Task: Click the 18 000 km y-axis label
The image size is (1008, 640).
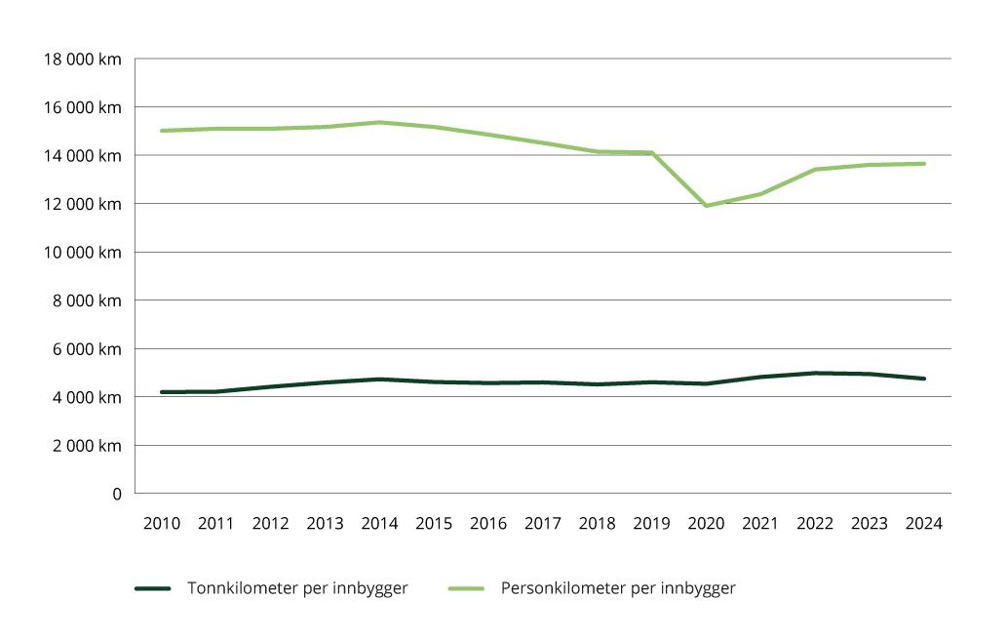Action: coord(83,59)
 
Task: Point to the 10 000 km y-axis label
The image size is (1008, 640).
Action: coord(83,252)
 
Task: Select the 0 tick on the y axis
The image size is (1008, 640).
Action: coord(116,494)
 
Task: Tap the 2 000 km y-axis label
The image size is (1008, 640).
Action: coord(87,446)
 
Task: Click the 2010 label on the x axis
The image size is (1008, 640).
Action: coord(162,524)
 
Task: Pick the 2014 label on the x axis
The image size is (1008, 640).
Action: coord(379,524)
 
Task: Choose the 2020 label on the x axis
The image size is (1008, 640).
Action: coord(706,524)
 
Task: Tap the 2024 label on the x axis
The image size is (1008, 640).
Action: coord(923,524)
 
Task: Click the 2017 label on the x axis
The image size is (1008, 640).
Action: coord(543,524)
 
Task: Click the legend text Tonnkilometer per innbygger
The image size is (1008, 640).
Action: coord(297,588)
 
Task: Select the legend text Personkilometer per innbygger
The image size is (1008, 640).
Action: coord(618,588)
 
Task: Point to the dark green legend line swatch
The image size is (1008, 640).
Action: coord(153,588)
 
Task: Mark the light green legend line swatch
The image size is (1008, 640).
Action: coord(466,588)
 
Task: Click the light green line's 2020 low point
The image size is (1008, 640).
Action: coord(706,206)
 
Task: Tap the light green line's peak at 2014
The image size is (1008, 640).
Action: coord(379,122)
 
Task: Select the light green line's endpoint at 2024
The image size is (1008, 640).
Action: coord(923,164)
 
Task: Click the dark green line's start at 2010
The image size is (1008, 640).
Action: coord(162,392)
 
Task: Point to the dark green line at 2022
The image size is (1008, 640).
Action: coord(815,373)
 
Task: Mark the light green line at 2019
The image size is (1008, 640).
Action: coord(651,152)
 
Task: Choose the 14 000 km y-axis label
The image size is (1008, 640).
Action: coord(83,155)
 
